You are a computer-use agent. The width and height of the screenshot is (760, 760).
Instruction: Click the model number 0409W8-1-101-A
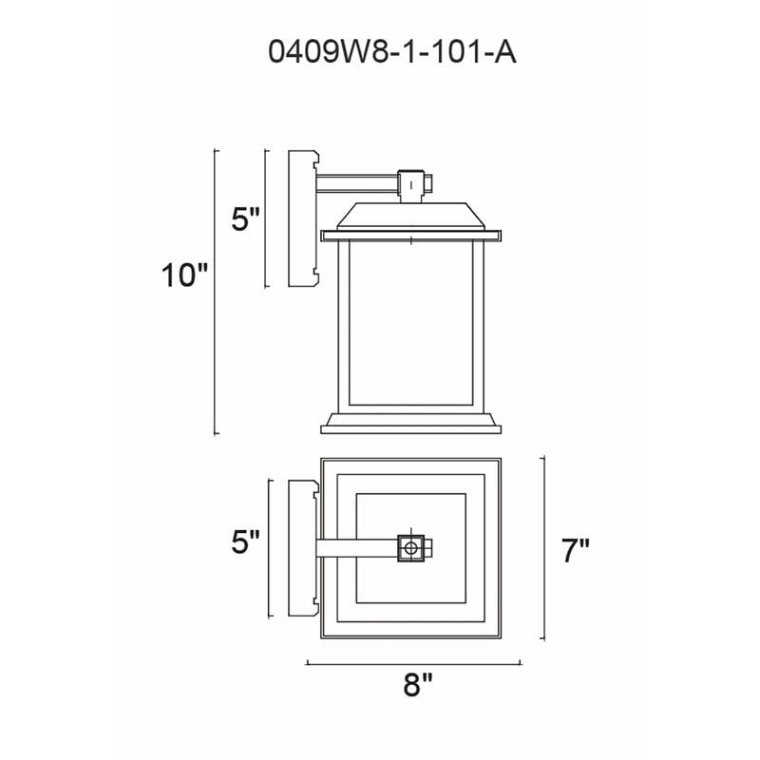(x=392, y=52)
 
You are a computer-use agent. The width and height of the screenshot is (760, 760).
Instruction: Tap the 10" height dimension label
(x=184, y=275)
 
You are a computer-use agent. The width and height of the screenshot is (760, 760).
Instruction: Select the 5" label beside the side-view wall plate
(x=246, y=219)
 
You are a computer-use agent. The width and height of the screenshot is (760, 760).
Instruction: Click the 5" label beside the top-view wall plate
(x=246, y=541)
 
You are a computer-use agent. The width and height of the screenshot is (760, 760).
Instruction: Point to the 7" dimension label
(x=576, y=551)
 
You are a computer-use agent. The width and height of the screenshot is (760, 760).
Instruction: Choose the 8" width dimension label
(x=417, y=685)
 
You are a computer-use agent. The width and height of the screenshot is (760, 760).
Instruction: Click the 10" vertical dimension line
(x=216, y=293)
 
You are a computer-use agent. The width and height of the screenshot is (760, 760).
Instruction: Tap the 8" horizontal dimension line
(x=413, y=663)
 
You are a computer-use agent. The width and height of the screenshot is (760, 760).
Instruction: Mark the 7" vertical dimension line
(x=543, y=548)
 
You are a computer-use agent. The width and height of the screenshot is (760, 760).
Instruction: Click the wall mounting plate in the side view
(x=302, y=218)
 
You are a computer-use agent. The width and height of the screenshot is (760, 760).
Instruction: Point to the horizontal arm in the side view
(x=357, y=183)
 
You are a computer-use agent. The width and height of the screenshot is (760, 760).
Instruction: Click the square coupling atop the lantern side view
(x=411, y=184)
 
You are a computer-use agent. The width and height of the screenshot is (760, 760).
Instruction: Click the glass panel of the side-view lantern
(x=411, y=322)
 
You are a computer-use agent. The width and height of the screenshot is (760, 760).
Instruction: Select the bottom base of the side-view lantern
(x=411, y=423)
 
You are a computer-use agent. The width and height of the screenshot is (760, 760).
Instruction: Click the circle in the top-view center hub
(x=411, y=548)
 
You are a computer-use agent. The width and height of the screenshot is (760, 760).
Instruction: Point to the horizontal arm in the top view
(x=357, y=548)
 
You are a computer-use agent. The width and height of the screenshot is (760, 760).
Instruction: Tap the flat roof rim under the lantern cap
(x=411, y=236)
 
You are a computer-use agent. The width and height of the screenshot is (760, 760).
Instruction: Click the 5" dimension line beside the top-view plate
(x=270, y=549)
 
